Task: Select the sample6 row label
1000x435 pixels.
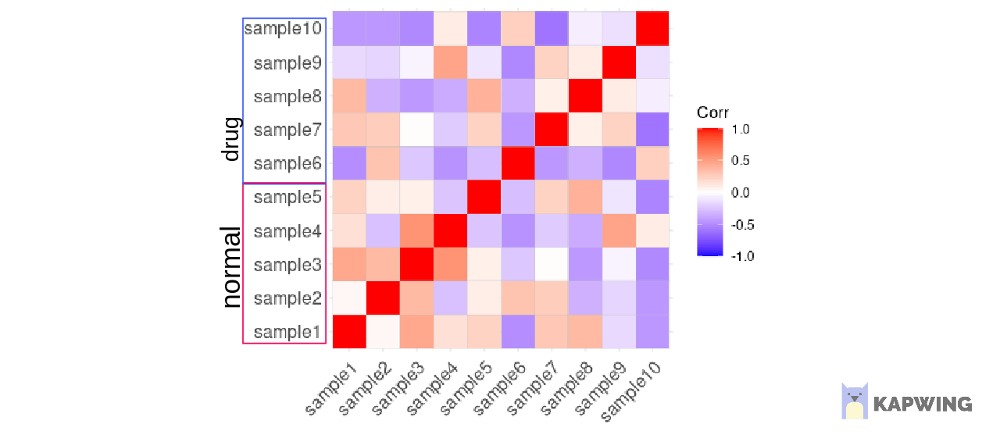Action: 287,164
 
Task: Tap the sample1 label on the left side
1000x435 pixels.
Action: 287,332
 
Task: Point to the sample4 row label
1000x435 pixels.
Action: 287,231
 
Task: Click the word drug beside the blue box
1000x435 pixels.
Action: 230,141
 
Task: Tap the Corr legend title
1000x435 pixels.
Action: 712,113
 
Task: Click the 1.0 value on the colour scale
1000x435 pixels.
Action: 741,130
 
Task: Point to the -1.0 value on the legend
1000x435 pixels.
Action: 740,255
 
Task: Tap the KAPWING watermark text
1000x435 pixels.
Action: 923,405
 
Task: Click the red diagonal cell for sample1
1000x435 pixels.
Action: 349,332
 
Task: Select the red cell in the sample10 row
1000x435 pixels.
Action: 652,29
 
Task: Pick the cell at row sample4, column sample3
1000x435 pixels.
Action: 416,231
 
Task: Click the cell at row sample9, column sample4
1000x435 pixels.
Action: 450,62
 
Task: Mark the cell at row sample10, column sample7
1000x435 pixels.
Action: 551,29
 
